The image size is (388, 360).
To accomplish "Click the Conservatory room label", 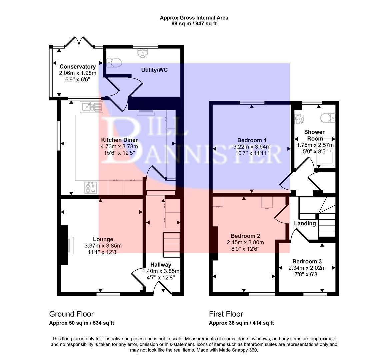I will click(x=77, y=67).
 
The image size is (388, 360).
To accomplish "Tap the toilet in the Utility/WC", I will click(x=115, y=62).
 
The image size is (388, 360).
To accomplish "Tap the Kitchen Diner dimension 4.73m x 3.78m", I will click(x=119, y=146).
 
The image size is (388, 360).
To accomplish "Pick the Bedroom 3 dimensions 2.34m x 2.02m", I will click(x=307, y=268).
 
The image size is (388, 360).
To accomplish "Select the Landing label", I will click(x=305, y=223).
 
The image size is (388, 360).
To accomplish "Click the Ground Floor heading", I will click(x=71, y=314).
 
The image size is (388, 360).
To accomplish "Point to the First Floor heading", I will click(x=226, y=314).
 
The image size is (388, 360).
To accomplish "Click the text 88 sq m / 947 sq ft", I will click(x=194, y=24).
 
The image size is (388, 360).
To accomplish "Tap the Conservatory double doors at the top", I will click(x=79, y=42).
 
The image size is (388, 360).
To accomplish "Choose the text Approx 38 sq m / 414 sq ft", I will click(x=241, y=323).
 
